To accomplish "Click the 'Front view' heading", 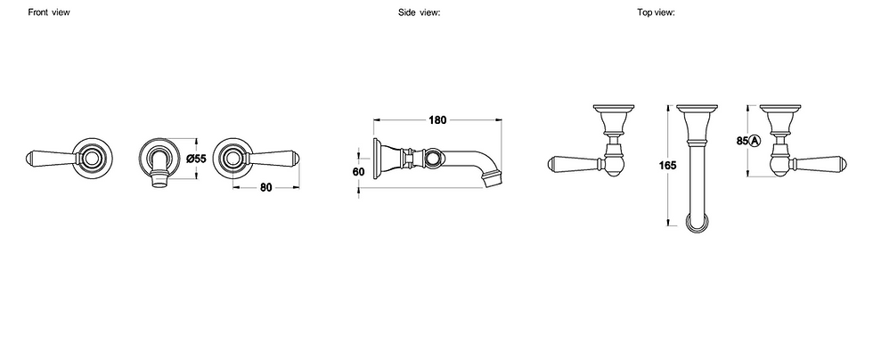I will (x=48, y=12).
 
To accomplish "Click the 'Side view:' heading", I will (x=420, y=12).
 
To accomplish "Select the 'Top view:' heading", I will (x=655, y=12).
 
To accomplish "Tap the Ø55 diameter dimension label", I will (x=196, y=159).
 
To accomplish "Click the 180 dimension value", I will (x=436, y=119).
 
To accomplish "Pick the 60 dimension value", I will (x=359, y=171).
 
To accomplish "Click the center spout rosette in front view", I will (x=160, y=159).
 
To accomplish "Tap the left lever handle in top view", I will (x=575, y=165).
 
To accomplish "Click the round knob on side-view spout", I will (x=434, y=159).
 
